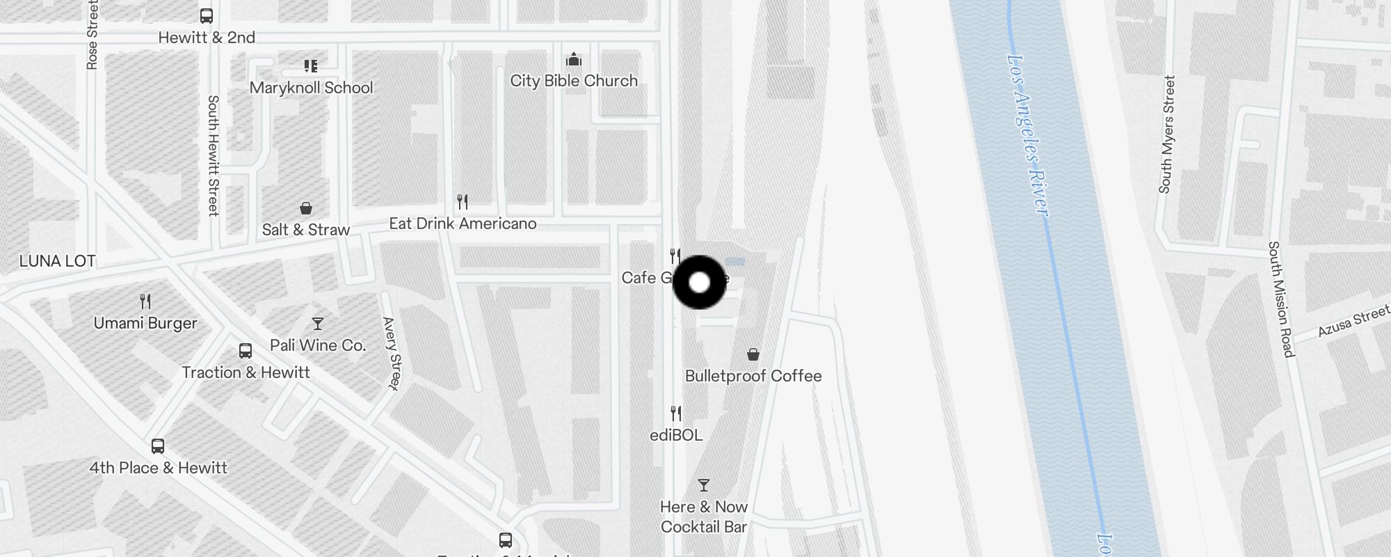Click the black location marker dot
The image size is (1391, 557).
pos(699,283)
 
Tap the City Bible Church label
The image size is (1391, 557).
pos(574,81)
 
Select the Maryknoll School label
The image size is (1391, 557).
pos(311,88)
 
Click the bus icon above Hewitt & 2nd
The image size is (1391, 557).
pos(207,15)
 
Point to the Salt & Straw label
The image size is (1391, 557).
pos(305,230)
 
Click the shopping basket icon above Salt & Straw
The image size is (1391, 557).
pos(305,208)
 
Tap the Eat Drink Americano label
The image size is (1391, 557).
pos(463,223)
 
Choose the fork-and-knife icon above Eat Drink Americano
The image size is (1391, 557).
pos(463,202)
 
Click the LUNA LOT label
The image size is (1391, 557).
pos(57,261)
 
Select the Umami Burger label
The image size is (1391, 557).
pos(145,323)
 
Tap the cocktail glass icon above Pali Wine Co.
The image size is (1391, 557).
pos(318,324)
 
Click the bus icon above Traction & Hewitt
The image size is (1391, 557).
pos(246,351)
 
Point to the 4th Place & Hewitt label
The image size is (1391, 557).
pos(158,468)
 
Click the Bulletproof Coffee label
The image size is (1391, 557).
pos(753,376)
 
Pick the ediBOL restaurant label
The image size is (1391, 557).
pos(676,435)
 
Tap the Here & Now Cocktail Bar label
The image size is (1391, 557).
pos(704,517)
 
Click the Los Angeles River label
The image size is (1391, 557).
pos(1027,136)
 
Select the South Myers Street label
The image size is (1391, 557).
pos(1166,134)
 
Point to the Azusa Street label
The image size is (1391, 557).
pos(1353,321)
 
